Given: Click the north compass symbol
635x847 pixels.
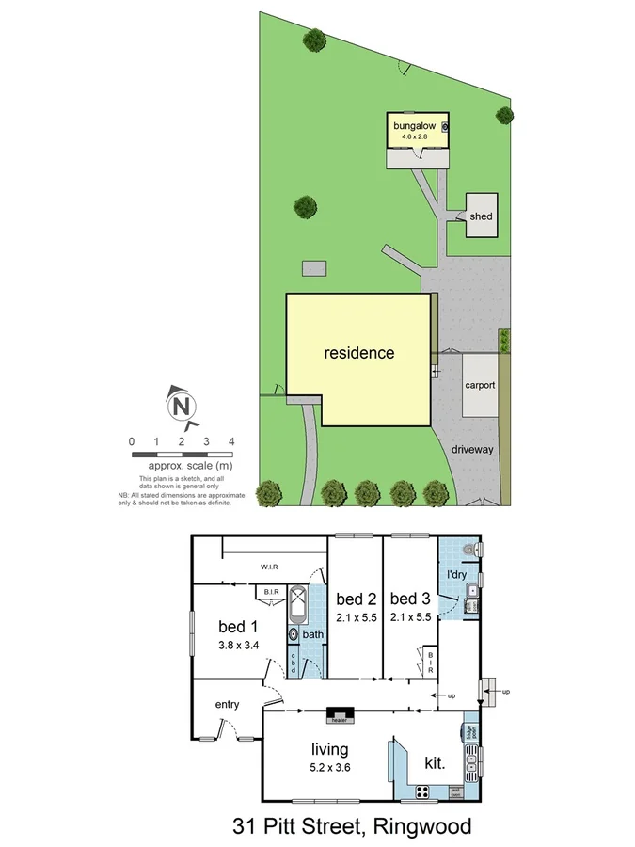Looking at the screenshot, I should point(182,407).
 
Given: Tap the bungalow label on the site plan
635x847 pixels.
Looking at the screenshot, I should point(414,124).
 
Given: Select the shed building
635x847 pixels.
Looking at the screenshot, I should point(481,216).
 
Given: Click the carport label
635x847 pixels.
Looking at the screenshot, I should point(480,385).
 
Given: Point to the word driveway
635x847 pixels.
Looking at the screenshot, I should point(471,450).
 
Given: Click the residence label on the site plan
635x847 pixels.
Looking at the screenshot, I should point(359,354).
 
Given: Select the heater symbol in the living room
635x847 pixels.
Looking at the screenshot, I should point(340,716).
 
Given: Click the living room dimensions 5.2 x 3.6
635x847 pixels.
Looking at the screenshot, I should point(330,768).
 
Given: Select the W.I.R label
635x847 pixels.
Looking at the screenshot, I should point(273,567).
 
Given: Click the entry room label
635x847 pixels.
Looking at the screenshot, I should point(227,704).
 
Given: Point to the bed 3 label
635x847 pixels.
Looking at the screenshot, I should point(409,599).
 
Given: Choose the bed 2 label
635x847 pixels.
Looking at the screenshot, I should point(356,599).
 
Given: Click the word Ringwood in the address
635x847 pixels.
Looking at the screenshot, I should point(421,827).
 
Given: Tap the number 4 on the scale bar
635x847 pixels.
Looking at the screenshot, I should point(230,441).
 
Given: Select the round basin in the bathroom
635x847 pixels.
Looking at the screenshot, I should point(294,635).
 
